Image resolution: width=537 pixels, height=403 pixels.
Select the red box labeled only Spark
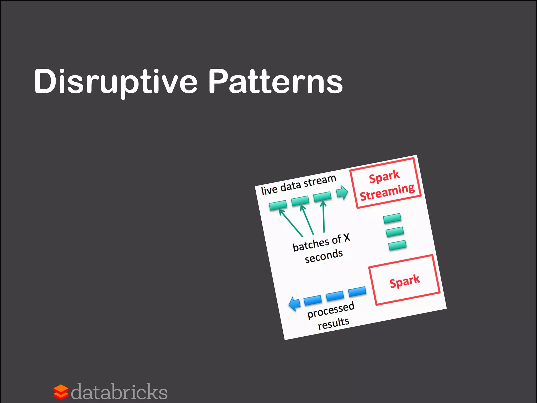404,280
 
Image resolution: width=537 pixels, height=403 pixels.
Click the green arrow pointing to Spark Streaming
342,192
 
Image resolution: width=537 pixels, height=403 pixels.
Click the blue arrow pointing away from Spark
294,304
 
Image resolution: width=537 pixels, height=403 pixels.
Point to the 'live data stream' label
298,185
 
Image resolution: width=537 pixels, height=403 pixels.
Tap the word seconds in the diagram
324,256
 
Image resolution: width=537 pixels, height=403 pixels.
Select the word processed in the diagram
331,310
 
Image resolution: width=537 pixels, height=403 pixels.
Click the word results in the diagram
334,323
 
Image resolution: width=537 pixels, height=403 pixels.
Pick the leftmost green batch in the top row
278,205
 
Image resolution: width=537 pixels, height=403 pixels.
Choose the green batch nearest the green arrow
322,196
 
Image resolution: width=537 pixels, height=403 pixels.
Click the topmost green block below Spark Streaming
392,218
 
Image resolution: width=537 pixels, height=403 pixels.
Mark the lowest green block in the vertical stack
397,245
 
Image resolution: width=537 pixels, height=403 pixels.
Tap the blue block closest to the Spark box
357,291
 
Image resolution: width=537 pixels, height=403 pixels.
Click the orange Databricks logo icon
61,392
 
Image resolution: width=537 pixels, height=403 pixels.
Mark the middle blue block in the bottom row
335,296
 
